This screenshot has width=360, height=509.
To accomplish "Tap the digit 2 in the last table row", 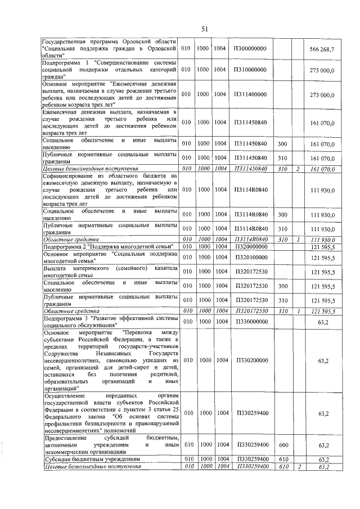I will pyautogui.click(x=299, y=466).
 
